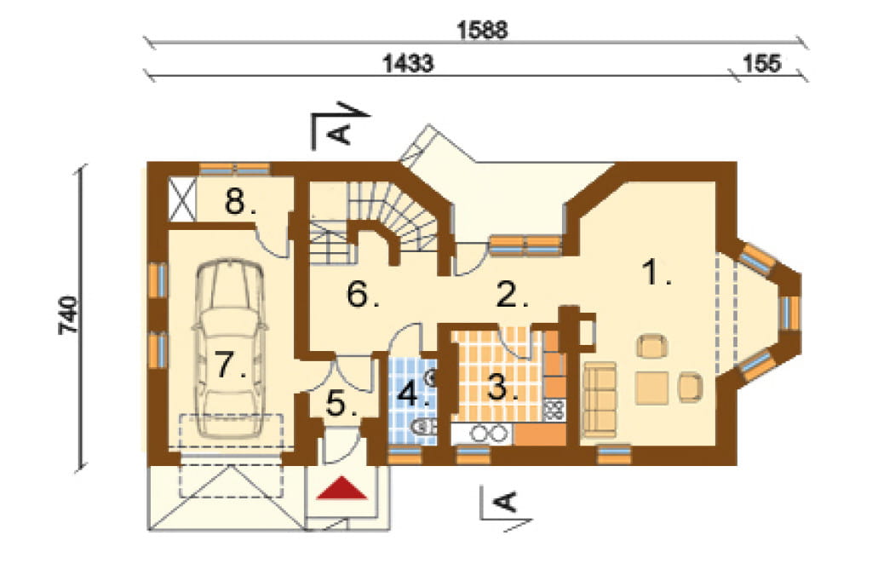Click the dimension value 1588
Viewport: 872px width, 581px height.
[x=482, y=30]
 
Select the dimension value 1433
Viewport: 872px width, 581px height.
[x=408, y=63]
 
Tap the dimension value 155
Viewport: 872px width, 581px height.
[x=762, y=63]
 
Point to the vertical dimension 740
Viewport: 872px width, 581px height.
[x=69, y=315]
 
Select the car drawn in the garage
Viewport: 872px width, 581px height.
[x=229, y=348]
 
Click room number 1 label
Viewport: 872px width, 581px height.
[x=655, y=273]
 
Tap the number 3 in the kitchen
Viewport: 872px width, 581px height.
[x=502, y=386]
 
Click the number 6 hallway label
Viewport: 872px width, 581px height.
[x=362, y=294]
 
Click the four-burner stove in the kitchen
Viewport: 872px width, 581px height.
[x=554, y=410]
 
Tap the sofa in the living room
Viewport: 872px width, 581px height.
[x=599, y=399]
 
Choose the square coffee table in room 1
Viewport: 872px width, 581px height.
[x=651, y=388]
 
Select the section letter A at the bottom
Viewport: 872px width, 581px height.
[x=506, y=502]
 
